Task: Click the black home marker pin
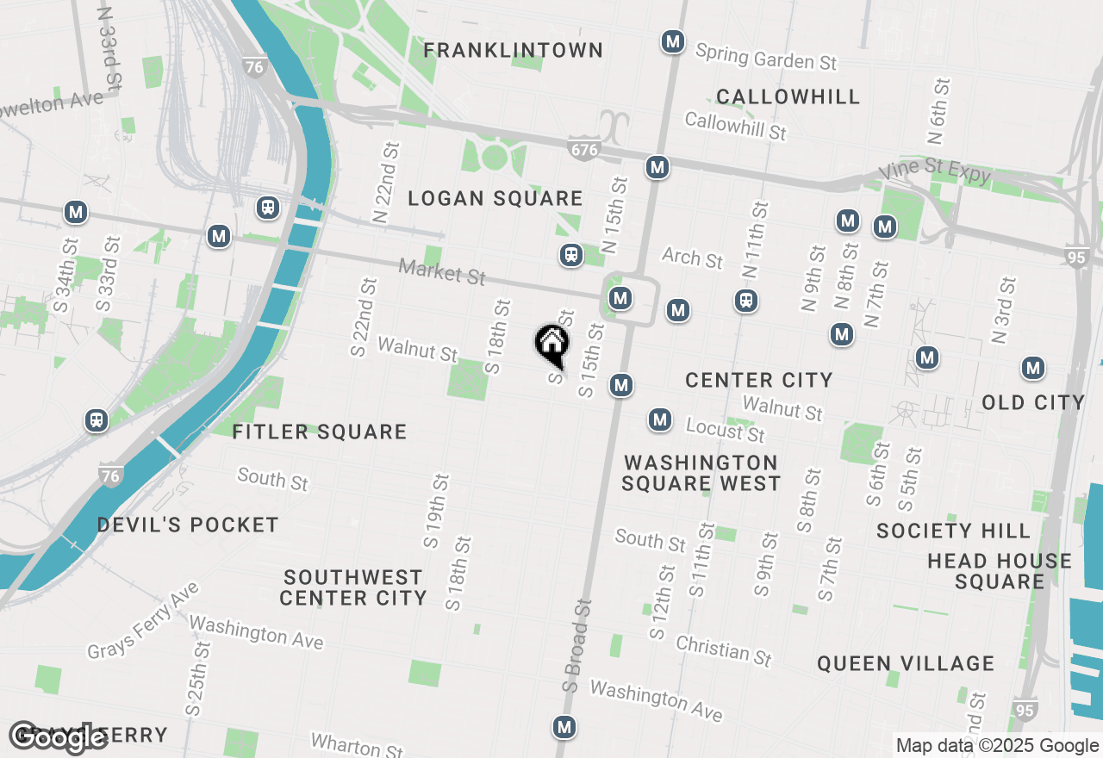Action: click(551, 345)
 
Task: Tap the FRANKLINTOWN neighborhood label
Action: click(513, 51)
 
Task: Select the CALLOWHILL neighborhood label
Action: click(788, 96)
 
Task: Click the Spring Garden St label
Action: click(766, 58)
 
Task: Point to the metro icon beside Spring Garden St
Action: click(672, 40)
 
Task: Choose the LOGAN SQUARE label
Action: click(495, 199)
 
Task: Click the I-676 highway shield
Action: click(583, 149)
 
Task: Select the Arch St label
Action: click(692, 257)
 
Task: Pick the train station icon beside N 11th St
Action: click(746, 300)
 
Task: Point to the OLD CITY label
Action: click(1033, 402)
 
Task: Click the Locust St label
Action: click(725, 429)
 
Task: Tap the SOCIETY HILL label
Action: click(953, 531)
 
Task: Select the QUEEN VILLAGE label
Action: click(906, 663)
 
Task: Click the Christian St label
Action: click(723, 650)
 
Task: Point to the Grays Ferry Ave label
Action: click(143, 620)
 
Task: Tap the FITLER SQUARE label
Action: click(319, 432)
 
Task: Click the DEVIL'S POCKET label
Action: click(188, 525)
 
